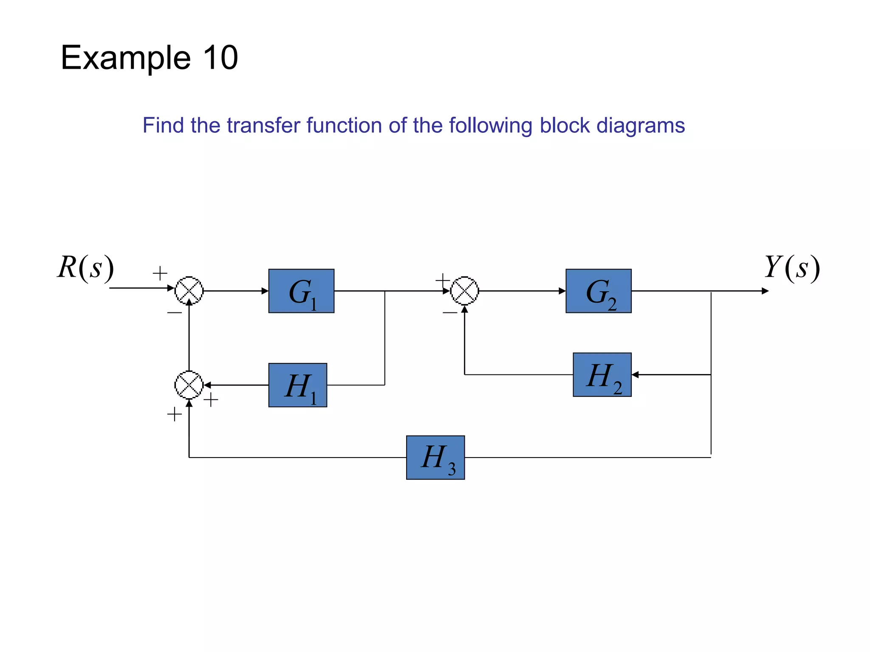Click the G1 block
point(301,291)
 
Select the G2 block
point(598,291)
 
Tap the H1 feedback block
point(297,385)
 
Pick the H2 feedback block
point(602,375)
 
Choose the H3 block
point(435,458)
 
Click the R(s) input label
point(86,268)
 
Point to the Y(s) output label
point(792,268)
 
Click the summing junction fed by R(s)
point(189,291)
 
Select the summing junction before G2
point(465,291)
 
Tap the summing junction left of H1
point(189,385)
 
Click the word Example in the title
point(126,59)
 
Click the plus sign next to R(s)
point(160,273)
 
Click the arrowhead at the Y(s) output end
point(765,291)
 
